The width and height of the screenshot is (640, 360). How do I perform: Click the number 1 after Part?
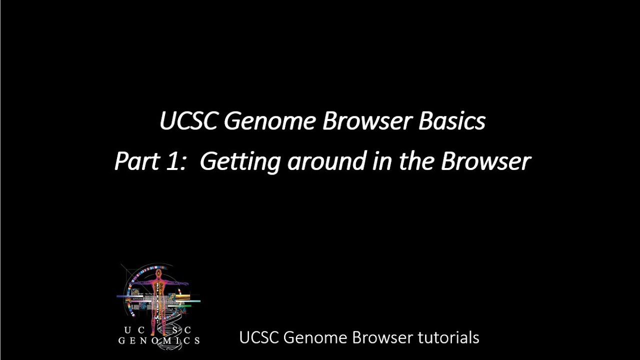(x=170, y=161)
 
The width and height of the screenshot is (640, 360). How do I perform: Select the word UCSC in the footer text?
(x=259, y=337)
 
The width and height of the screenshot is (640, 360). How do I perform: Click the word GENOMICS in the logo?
(x=159, y=341)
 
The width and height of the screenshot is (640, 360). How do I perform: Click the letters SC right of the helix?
(x=182, y=330)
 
